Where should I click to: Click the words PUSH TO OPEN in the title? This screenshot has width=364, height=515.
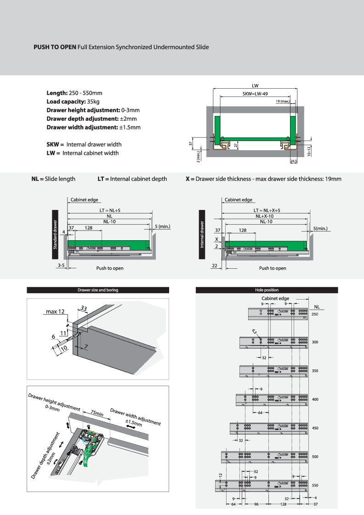(55, 47)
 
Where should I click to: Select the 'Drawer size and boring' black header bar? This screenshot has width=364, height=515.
(98, 290)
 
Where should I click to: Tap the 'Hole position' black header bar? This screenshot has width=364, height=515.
(267, 290)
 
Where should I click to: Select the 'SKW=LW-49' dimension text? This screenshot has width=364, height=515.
(255, 94)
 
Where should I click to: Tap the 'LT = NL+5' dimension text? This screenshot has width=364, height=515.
(109, 210)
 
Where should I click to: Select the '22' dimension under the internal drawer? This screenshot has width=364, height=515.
(215, 266)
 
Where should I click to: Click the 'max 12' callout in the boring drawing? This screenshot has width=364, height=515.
(55, 312)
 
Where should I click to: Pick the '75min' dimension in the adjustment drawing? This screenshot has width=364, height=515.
(97, 413)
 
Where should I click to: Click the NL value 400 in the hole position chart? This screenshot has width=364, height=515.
(315, 399)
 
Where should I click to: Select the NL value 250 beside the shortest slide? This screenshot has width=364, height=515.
(315, 314)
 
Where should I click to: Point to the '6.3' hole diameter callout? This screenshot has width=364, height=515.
(254, 331)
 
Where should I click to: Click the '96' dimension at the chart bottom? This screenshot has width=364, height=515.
(256, 504)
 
